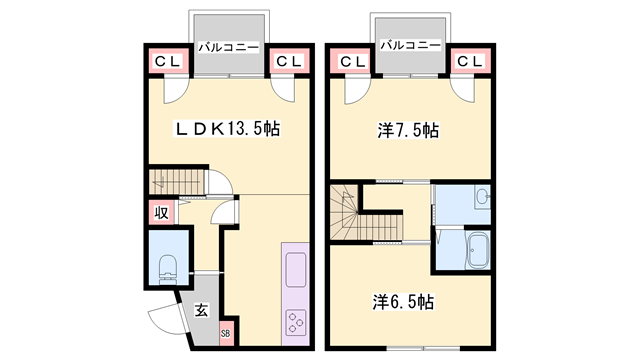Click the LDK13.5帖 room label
point(228,129)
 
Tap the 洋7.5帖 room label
point(408,131)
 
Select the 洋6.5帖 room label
point(403,302)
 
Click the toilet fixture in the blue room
point(168,269)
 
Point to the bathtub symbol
point(477,250)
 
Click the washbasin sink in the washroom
point(483,198)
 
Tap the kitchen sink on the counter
point(295,269)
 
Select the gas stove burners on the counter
point(296,322)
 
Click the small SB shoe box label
point(225,333)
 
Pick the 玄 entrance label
point(201,310)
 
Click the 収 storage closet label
point(161,213)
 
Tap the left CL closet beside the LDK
point(167,62)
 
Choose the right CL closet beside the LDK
point(289,62)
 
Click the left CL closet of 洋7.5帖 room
point(353,62)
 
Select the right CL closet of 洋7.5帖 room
point(470,62)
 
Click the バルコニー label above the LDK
point(229,48)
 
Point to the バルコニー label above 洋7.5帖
point(411,45)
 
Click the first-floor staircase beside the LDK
point(176,182)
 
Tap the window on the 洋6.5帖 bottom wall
point(423,349)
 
